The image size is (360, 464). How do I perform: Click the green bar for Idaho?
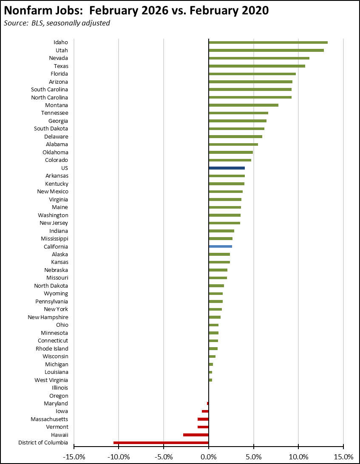[268, 42]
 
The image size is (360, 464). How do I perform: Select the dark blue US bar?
[227, 168]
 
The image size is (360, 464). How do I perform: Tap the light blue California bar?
[220, 246]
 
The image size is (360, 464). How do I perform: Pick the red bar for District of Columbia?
[161, 443]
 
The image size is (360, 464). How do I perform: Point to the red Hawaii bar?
[196, 435]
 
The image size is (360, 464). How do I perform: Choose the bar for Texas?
[257, 66]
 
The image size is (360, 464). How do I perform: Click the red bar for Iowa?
[205, 411]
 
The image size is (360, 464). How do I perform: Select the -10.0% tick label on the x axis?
[119, 457]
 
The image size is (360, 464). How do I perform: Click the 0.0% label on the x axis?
[209, 457]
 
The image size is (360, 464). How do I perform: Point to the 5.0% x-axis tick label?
[254, 457]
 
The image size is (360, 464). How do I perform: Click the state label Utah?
[62, 50]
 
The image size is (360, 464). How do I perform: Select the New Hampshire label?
[48, 317]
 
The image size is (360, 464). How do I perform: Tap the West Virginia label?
[51, 380]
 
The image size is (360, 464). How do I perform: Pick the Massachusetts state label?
[49, 419]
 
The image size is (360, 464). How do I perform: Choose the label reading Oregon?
[59, 396]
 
